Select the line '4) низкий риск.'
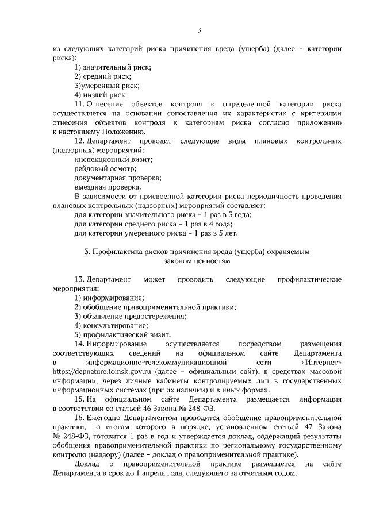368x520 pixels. tap(101, 94)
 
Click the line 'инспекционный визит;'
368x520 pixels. tap(113, 159)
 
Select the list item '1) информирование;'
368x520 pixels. tap(109, 298)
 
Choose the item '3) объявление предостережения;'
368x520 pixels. tap(131, 316)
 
